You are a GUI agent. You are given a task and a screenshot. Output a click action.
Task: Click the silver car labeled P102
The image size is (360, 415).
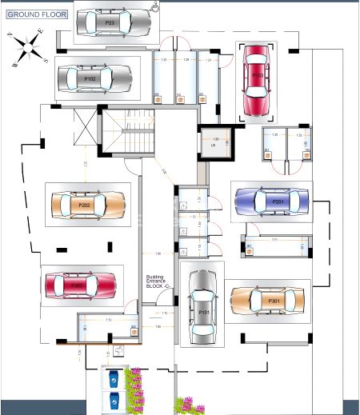94,78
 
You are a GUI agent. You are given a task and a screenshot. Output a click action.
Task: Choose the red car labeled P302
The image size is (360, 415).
82,284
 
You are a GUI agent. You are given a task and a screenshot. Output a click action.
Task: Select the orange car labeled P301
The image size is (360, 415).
268,301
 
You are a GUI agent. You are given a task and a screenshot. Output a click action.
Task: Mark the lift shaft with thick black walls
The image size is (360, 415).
214,143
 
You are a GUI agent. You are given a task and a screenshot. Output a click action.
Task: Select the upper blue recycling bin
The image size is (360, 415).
114,376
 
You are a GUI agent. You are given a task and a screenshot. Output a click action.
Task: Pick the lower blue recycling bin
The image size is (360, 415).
114,399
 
